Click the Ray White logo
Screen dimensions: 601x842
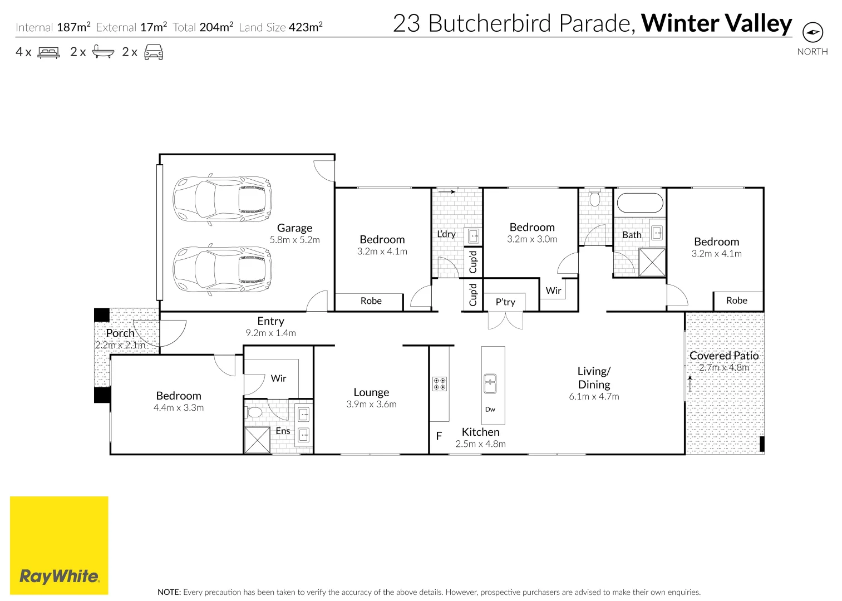coord(59,545)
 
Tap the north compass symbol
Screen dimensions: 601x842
coord(813,32)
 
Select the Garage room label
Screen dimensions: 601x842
coord(294,228)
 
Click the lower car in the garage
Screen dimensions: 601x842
coord(222,269)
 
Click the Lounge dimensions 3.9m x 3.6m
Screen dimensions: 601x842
coord(371,405)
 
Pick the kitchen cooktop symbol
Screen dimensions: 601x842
coord(440,383)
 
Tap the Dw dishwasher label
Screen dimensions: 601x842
coord(490,410)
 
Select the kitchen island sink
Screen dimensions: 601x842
coord(490,384)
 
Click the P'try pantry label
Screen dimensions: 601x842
coord(505,302)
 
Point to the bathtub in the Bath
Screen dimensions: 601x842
coord(640,203)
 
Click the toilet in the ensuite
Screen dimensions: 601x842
coord(254,412)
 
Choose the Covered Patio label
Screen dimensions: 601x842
coord(724,356)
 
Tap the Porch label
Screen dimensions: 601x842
coord(120,333)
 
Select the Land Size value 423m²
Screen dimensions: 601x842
coord(306,27)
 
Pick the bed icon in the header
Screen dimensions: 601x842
coord(48,52)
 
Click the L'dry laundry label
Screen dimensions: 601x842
coord(446,234)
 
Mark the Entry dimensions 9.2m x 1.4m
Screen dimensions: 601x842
coord(270,333)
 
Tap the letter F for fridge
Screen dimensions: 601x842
coord(439,436)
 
